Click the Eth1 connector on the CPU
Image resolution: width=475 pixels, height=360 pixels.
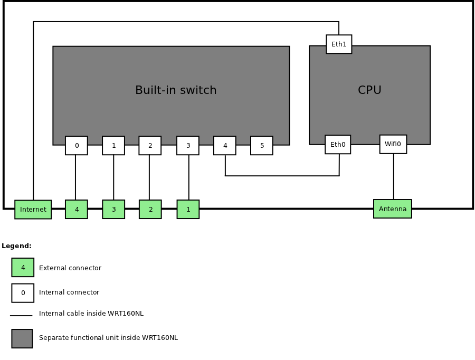pyautogui.click(x=339, y=44)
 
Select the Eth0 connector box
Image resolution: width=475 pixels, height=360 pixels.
pyautogui.click(x=338, y=145)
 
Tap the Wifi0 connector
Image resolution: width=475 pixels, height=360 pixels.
pyautogui.click(x=393, y=144)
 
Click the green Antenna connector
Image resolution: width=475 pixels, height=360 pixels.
pyautogui.click(x=393, y=209)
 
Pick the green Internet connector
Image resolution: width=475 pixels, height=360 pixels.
pyautogui.click(x=33, y=210)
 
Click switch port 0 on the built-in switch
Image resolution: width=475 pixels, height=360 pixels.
pyautogui.click(x=77, y=146)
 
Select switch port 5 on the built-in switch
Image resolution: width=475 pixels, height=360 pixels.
pyautogui.click(x=262, y=146)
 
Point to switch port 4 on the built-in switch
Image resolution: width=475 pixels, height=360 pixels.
pyautogui.click(x=225, y=146)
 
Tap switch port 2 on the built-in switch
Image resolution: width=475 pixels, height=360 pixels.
pyautogui.click(x=150, y=146)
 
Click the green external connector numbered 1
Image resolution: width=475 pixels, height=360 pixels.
pyautogui.click(x=188, y=210)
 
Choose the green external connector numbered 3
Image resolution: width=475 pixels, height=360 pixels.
pyautogui.click(x=113, y=210)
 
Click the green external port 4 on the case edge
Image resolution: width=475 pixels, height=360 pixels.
pyautogui.click(x=77, y=210)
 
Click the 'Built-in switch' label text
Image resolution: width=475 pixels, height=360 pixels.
pyautogui.click(x=176, y=90)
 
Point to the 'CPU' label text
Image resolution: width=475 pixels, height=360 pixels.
pyautogui.click(x=369, y=90)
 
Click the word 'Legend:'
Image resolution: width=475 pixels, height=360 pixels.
pyautogui.click(x=17, y=246)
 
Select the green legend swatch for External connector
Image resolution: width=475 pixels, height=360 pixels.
pyautogui.click(x=23, y=268)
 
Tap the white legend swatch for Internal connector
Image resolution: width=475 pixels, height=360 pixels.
pyautogui.click(x=23, y=293)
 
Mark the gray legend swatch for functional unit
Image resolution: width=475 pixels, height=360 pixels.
pyautogui.click(x=22, y=338)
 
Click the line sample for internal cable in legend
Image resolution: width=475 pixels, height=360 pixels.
pyautogui.click(x=21, y=316)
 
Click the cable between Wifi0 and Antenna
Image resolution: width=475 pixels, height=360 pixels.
pyautogui.click(x=394, y=177)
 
